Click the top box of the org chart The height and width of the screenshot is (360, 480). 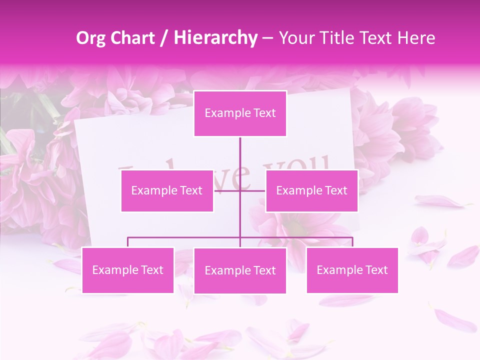click(240, 113)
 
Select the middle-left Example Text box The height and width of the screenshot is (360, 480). click(167, 190)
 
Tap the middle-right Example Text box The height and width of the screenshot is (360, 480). click(311, 190)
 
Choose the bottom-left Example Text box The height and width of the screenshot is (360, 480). click(127, 270)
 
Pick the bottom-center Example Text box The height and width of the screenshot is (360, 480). click(240, 270)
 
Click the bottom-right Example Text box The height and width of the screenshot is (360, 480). click(352, 270)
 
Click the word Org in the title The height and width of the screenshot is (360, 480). click(91, 38)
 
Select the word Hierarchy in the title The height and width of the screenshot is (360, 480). click(215, 38)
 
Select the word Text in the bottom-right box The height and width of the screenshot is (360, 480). click(375, 270)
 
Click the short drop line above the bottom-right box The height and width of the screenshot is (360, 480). click(352, 242)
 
